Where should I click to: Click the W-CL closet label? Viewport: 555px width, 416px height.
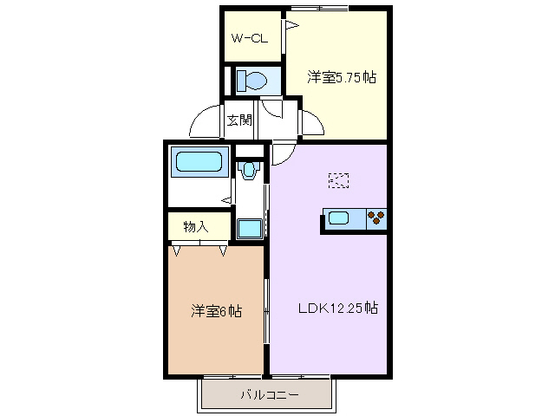point(249,38)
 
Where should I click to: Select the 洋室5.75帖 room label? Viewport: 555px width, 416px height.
point(341,78)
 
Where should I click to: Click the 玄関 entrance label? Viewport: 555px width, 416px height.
point(239,121)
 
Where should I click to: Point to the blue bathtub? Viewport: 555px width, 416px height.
point(200,162)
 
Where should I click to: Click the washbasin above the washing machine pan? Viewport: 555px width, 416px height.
point(250,170)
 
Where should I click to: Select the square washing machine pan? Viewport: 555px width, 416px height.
point(250,228)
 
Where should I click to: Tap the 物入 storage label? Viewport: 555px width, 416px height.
point(197,226)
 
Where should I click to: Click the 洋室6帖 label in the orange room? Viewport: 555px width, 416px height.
point(216,310)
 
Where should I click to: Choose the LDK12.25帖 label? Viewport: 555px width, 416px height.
point(337,307)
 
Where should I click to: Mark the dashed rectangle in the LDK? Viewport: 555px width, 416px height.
point(339,179)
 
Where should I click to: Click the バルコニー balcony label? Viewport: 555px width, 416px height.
point(269,395)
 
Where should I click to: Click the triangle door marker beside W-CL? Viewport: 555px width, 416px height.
point(292,28)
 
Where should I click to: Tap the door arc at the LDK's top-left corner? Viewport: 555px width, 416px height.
point(284,153)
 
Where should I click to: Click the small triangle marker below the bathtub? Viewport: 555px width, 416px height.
point(225,199)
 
